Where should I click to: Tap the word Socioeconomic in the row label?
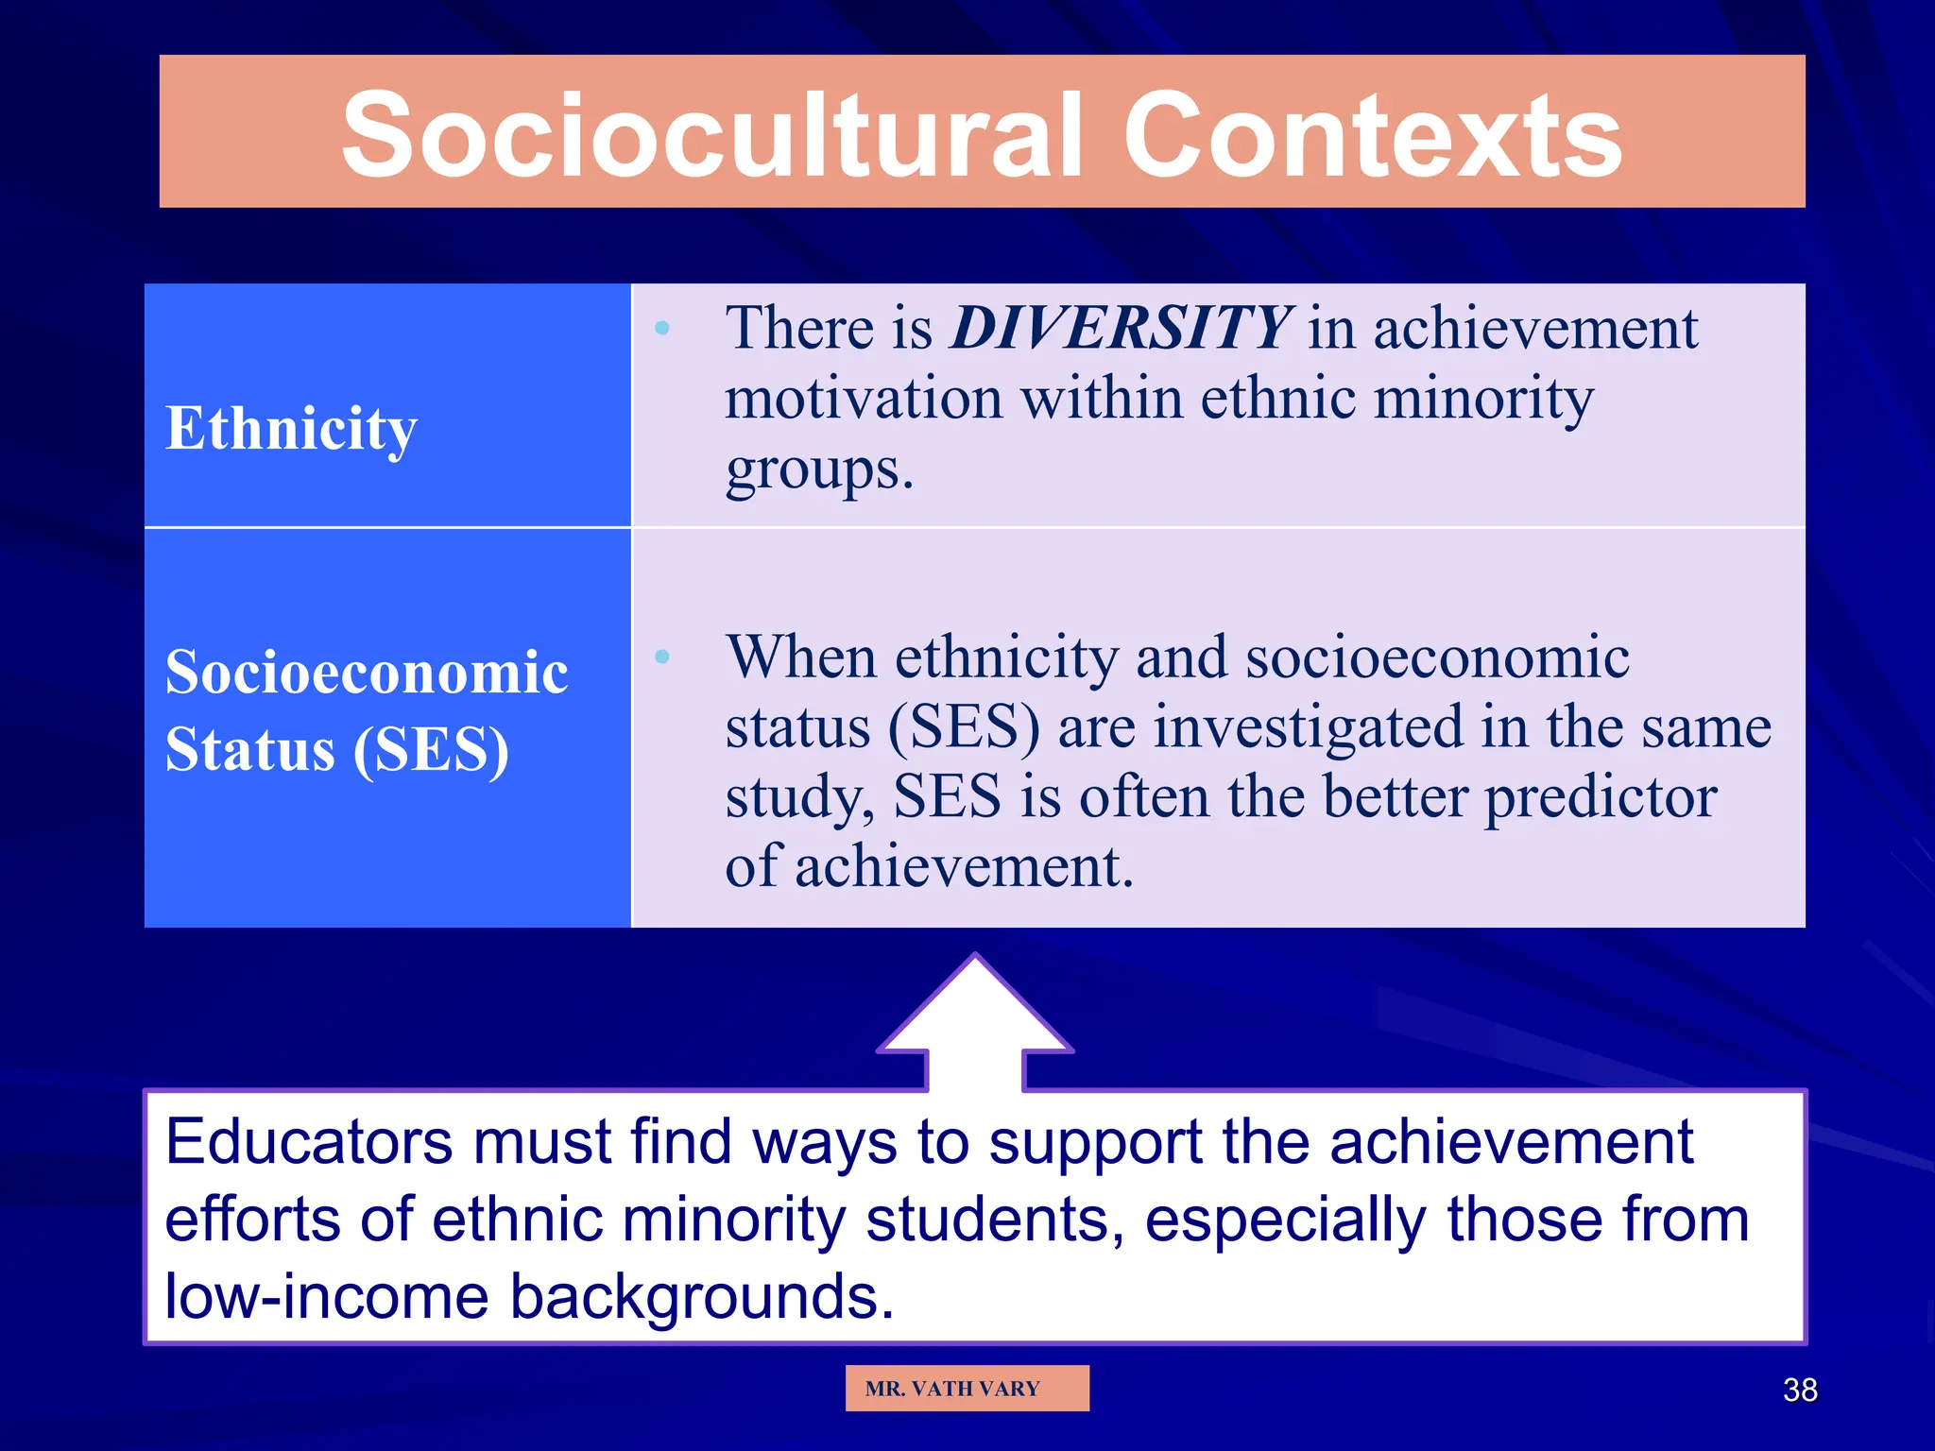367,674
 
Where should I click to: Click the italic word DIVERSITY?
1121,329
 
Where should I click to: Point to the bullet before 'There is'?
662,329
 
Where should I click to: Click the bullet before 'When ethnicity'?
662,657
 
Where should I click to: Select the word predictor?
1601,798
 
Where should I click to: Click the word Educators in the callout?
309,1142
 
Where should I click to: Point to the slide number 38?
1799,1391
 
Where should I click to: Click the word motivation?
864,399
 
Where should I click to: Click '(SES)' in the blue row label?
431,751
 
